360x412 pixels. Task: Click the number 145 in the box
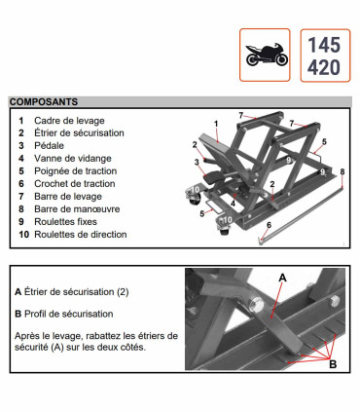(x=324, y=44)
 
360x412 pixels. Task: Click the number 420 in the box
(x=324, y=66)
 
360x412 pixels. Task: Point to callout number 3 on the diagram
(x=196, y=162)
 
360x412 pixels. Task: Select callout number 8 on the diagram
(x=342, y=171)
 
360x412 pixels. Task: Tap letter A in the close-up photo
(x=283, y=276)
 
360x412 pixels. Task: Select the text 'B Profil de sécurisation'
(x=63, y=315)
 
